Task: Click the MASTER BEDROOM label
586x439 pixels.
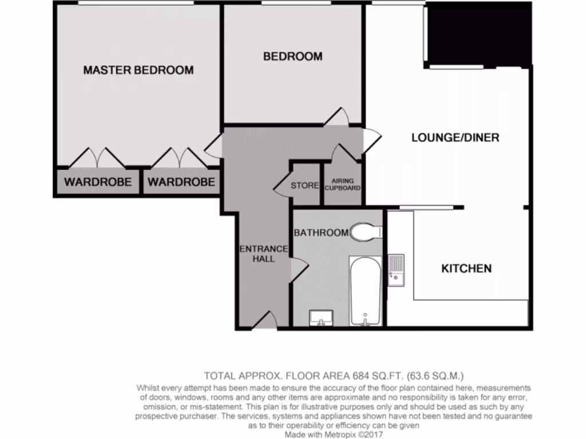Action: click(x=138, y=70)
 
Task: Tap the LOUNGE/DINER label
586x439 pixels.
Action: click(x=455, y=138)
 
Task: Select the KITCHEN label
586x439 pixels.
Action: click(x=466, y=268)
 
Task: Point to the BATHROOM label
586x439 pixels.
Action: click(x=320, y=233)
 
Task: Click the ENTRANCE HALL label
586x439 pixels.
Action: click(x=263, y=254)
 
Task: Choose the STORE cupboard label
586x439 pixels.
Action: click(x=304, y=185)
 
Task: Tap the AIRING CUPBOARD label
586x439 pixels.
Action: click(x=343, y=184)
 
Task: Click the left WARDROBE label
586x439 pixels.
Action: click(x=97, y=182)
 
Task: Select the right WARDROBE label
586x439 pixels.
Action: click(x=181, y=182)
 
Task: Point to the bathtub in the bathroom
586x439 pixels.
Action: click(x=365, y=292)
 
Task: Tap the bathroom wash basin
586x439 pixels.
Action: click(x=320, y=318)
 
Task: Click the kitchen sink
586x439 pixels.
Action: click(x=395, y=270)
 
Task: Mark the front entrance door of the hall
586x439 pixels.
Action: click(x=264, y=321)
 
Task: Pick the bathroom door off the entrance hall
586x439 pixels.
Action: click(x=299, y=269)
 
